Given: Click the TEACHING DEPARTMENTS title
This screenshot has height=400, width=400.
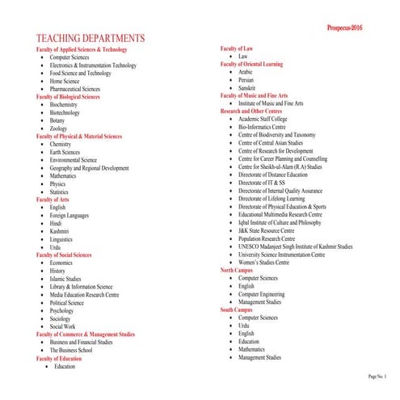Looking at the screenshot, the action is [91, 39].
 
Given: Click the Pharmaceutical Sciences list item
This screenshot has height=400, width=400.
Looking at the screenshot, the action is [74, 89].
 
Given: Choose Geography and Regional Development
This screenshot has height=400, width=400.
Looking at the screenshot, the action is [89, 168].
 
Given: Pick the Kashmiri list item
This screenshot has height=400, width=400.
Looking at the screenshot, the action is [61, 231].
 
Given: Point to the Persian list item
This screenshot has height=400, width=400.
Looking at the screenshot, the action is [247, 80].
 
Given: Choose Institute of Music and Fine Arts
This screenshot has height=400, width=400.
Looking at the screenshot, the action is [271, 103].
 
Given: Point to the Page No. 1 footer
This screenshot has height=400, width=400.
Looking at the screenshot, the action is [377, 377].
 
